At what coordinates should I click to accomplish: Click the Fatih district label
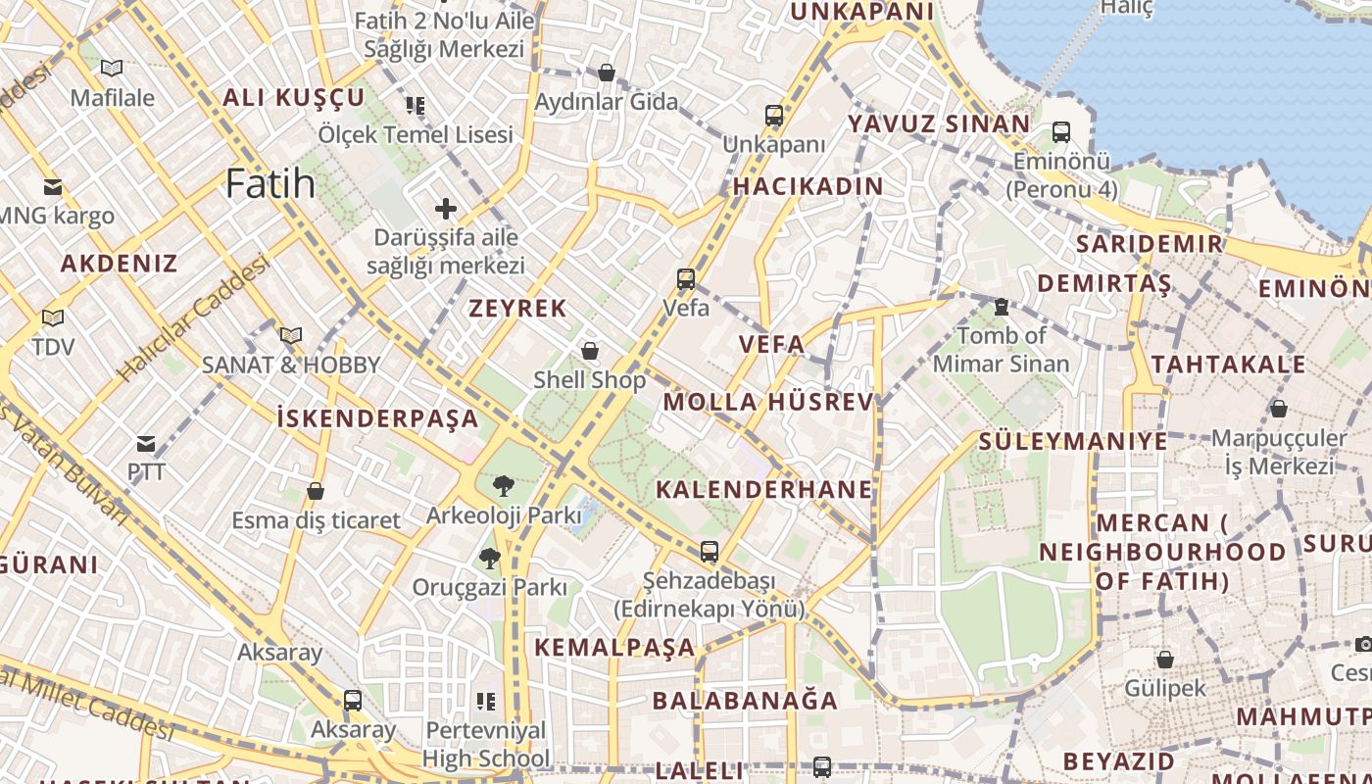tap(270, 183)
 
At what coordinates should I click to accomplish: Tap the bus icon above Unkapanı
tap(774, 116)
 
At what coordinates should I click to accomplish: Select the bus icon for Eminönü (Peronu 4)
tap(1060, 131)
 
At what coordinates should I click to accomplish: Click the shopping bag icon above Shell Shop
tap(590, 350)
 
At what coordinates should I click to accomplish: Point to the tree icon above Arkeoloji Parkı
tap(503, 485)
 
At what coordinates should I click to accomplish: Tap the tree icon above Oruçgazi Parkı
tap(489, 559)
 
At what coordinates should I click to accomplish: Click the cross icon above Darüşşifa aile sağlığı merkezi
tap(446, 208)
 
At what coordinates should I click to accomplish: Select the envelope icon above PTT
tap(146, 444)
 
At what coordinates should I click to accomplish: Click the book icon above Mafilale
tap(112, 69)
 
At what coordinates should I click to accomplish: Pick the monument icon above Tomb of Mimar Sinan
tap(1001, 307)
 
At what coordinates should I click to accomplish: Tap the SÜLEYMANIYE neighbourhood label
tap(1073, 441)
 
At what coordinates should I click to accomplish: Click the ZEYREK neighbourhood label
tap(517, 309)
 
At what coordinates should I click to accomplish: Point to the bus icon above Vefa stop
tap(686, 279)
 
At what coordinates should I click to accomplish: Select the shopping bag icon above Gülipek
tap(1164, 660)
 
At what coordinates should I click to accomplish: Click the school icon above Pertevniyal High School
tap(485, 701)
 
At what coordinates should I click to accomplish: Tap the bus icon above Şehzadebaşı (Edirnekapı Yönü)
tap(709, 551)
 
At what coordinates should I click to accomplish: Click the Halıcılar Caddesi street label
tap(193, 318)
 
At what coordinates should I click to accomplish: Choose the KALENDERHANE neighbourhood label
tap(763, 490)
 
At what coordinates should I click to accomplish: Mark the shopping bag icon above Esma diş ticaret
tap(316, 491)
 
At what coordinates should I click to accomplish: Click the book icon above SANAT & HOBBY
tap(290, 335)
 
